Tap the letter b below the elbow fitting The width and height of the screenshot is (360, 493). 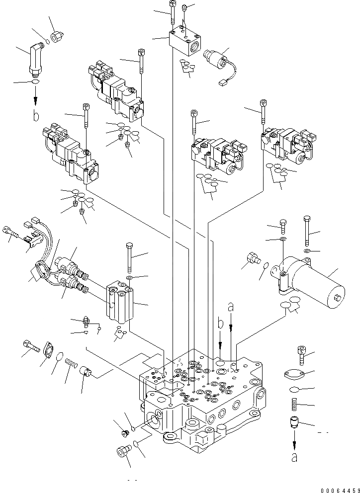point(35,117)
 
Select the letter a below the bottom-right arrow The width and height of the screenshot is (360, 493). point(294,458)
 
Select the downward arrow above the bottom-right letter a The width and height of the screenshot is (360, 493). point(294,440)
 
